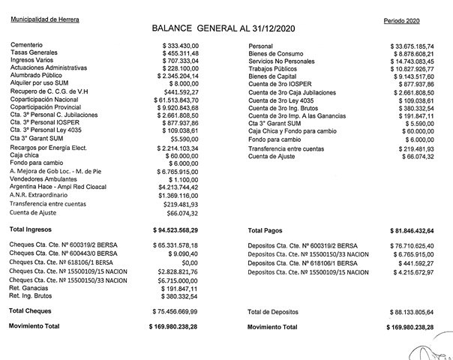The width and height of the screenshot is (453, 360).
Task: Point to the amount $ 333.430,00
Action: point(181,46)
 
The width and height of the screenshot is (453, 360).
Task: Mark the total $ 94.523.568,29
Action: point(175,229)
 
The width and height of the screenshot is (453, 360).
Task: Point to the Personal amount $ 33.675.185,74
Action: point(417,46)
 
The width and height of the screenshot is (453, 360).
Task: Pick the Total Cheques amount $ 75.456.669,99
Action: point(175,310)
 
